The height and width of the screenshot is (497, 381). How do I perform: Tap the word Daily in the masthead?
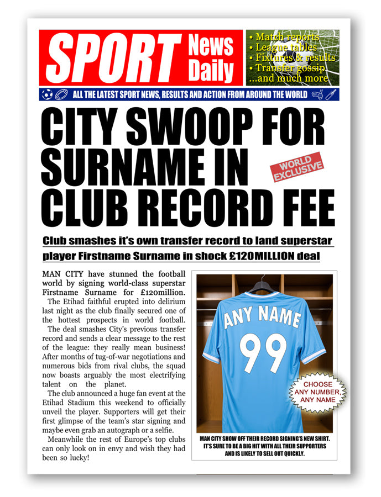[x=211, y=72]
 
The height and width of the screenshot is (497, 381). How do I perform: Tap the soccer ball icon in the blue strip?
[x=47, y=94]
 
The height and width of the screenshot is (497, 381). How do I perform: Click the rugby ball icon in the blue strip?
[x=60, y=94]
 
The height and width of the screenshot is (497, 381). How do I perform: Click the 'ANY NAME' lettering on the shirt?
[x=262, y=318]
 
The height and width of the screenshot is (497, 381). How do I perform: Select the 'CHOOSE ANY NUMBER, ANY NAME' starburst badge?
[x=318, y=392]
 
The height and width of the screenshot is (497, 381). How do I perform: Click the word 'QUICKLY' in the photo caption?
[x=290, y=454]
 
